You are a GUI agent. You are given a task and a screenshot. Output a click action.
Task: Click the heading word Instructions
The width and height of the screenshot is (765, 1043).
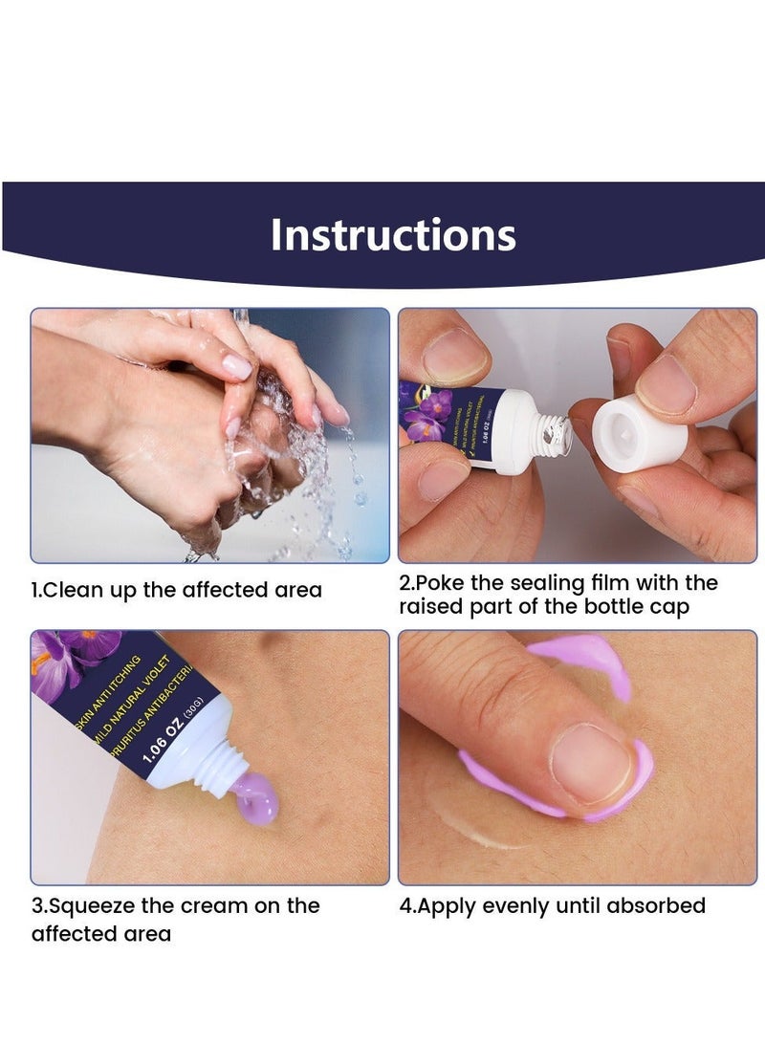tap(392, 235)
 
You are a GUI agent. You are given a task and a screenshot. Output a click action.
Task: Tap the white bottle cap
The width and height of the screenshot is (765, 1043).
tap(639, 434)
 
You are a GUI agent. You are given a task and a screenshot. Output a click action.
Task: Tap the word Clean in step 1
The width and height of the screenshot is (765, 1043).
tap(73, 590)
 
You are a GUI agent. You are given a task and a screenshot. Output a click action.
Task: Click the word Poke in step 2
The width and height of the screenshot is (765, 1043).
tap(440, 583)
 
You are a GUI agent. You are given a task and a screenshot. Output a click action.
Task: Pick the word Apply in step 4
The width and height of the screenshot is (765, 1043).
tap(445, 905)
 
